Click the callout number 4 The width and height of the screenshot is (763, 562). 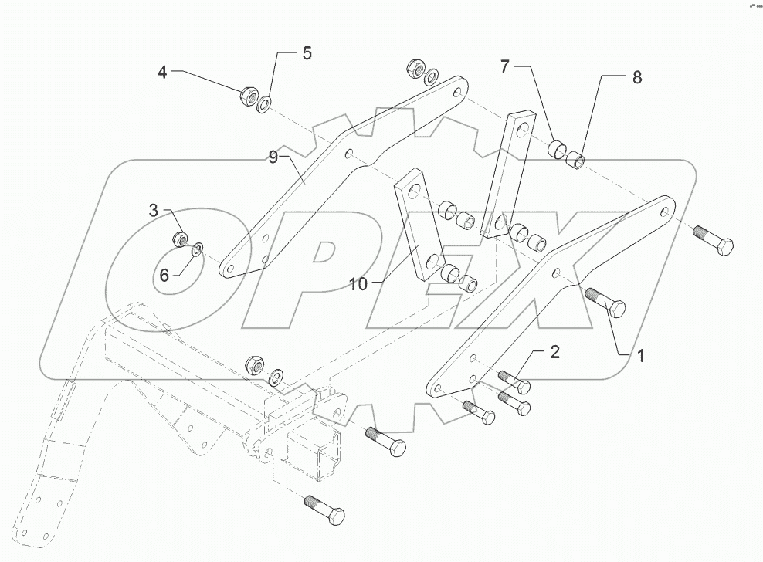pos(162,73)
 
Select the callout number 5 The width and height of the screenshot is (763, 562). pos(307,54)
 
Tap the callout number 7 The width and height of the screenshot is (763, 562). pos(504,67)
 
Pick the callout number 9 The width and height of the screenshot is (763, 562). pos(273,157)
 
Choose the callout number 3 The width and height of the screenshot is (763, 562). pos(154,210)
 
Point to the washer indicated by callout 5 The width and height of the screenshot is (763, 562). pos(265,102)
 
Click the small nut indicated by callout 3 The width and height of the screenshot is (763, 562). pos(180,239)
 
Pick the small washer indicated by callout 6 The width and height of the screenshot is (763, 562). pos(198,248)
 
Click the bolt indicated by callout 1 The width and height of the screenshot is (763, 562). pos(606,302)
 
